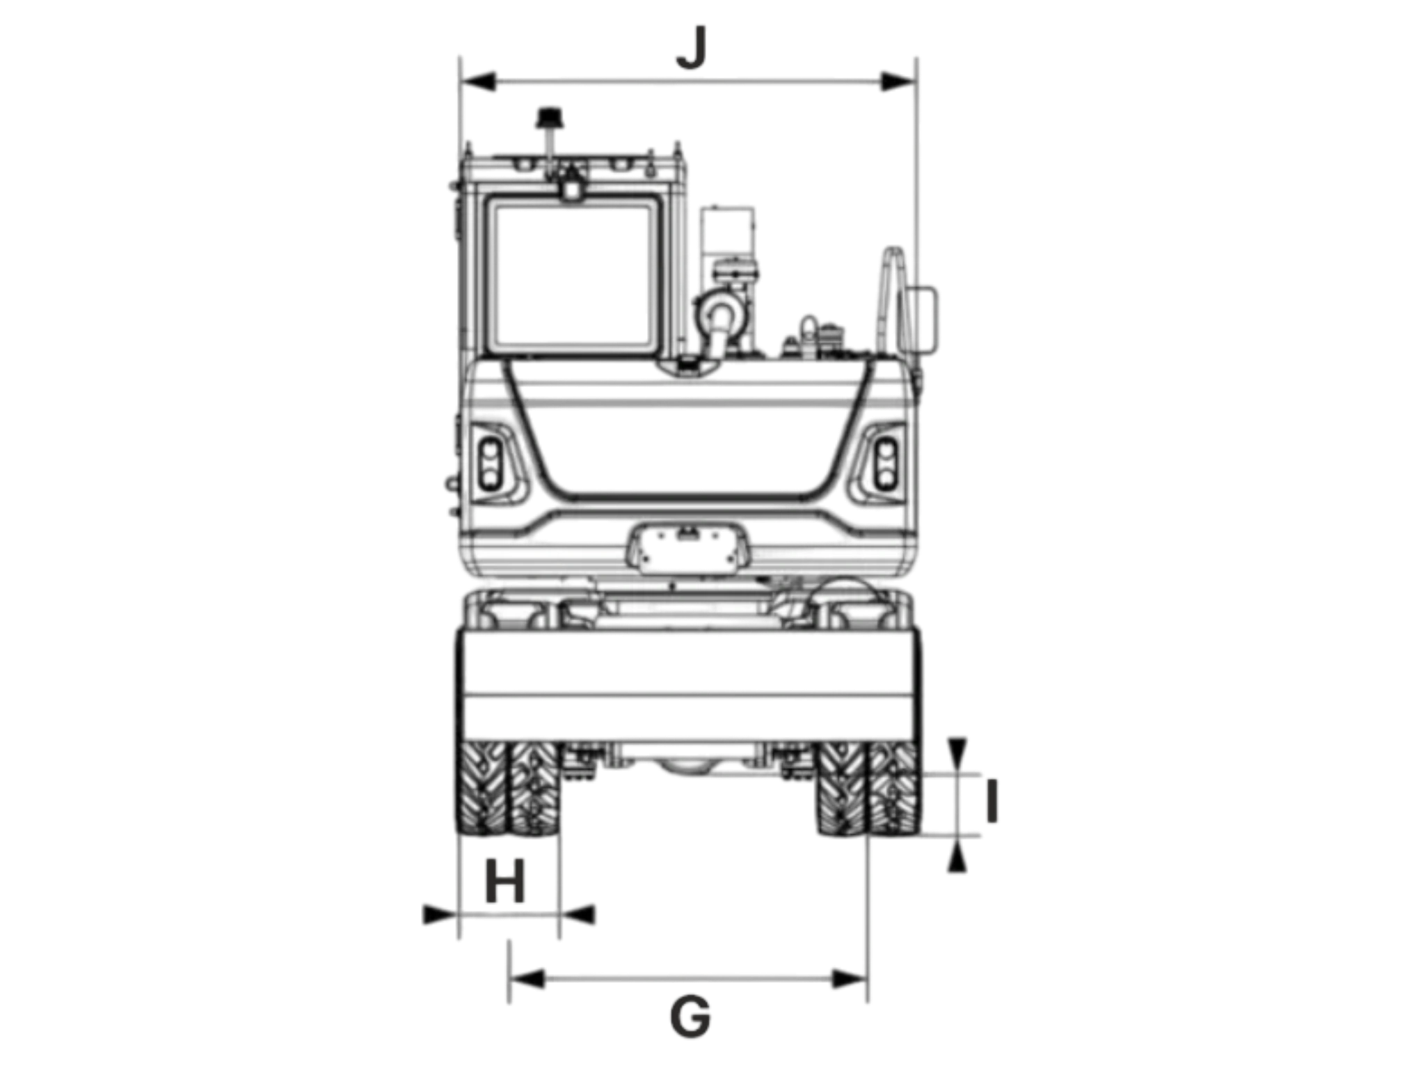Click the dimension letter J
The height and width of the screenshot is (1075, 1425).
pos(692,48)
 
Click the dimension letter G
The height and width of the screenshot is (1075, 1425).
pos(690,1017)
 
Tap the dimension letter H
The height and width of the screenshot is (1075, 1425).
pos(504,881)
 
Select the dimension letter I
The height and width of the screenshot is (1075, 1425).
pos(992,802)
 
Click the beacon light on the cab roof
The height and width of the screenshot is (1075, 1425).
pos(550,118)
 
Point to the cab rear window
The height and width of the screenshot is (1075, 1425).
pos(573,274)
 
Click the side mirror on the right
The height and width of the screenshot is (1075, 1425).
pos(918,320)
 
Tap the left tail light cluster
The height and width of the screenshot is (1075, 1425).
pos(491,463)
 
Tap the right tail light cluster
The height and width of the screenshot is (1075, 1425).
pos(886,463)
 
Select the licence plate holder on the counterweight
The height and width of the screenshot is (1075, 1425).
pos(689,549)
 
